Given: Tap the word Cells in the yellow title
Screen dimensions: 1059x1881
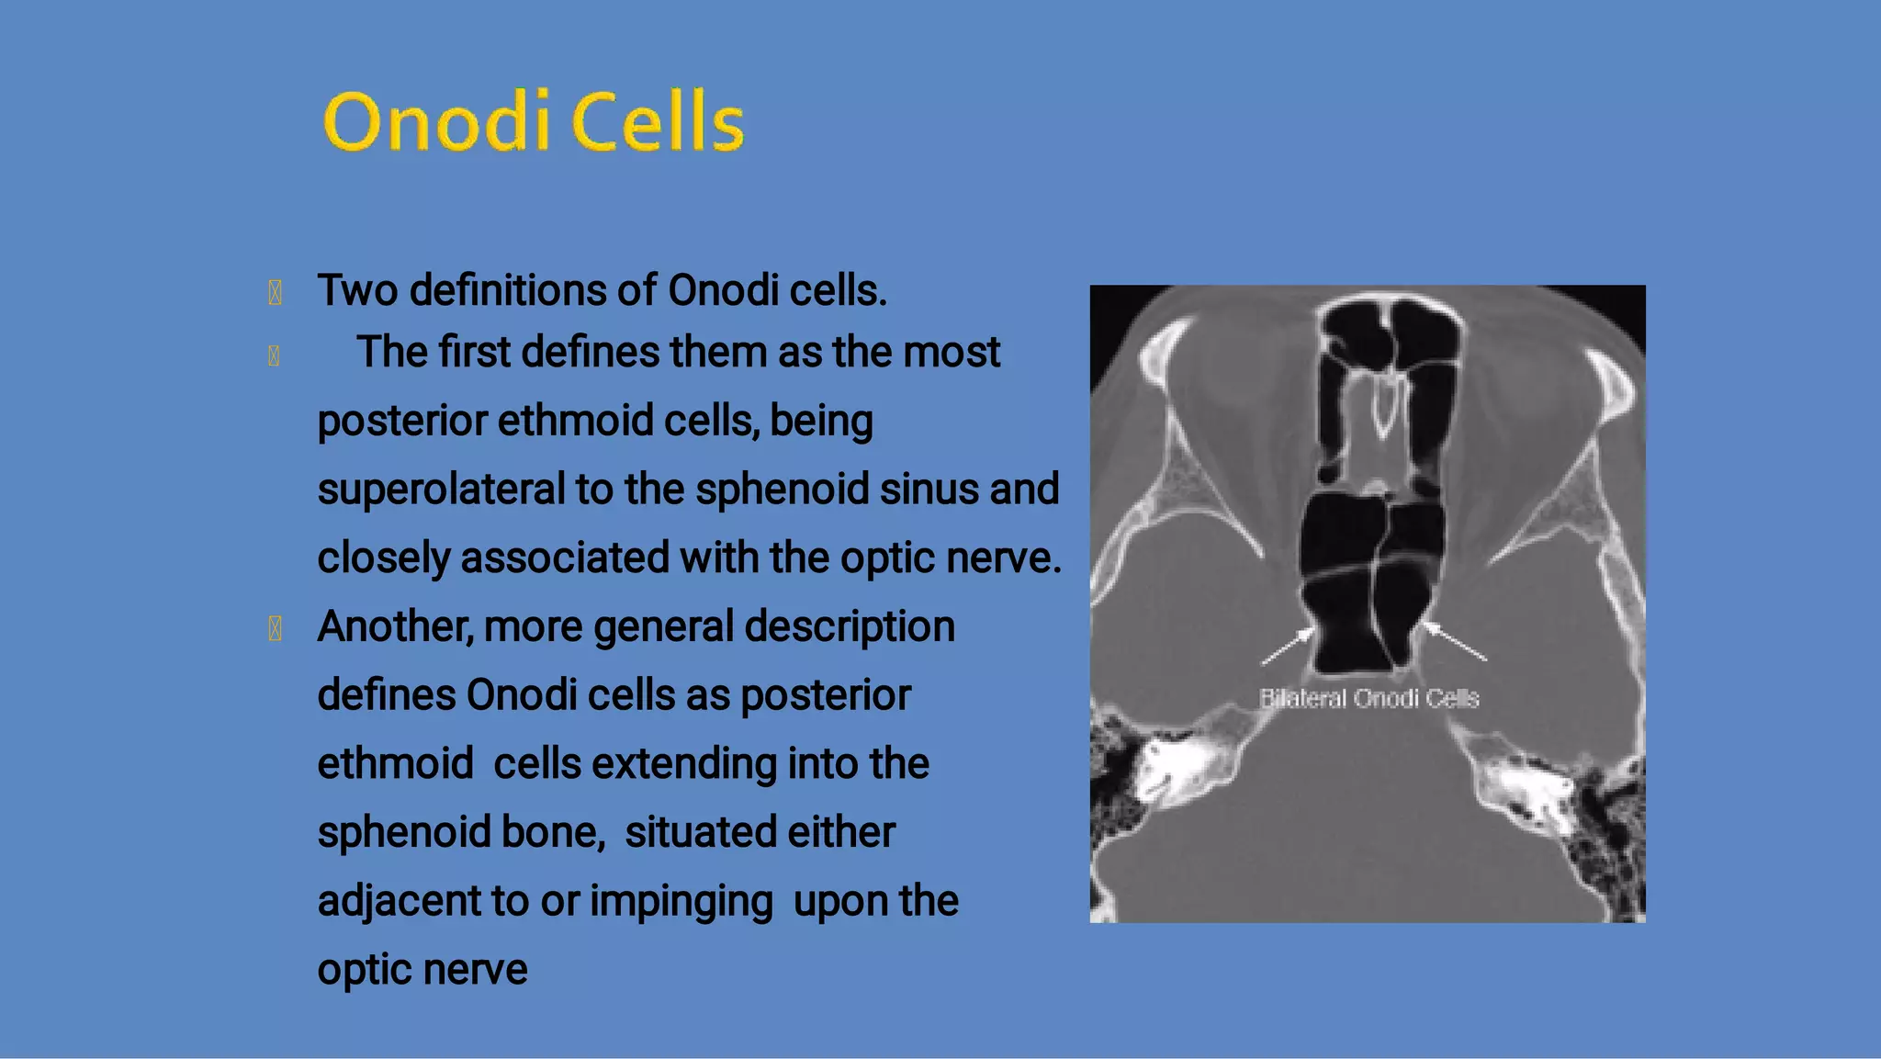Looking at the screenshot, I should click(x=658, y=122).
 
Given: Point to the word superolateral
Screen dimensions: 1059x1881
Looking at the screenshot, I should click(x=442, y=490).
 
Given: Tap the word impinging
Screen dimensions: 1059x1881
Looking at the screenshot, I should click(x=681, y=902).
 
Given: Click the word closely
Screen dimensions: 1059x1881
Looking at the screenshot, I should click(x=383, y=558).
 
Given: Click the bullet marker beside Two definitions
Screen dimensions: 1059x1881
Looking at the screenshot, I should click(x=275, y=293).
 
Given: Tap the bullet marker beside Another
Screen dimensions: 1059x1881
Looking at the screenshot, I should click(x=275, y=629).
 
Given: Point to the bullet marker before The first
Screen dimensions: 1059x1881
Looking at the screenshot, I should click(x=274, y=355).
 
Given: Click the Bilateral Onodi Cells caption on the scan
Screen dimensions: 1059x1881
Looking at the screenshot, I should click(x=1369, y=699).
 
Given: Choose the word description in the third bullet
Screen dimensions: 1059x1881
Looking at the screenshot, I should click(x=850, y=627).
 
